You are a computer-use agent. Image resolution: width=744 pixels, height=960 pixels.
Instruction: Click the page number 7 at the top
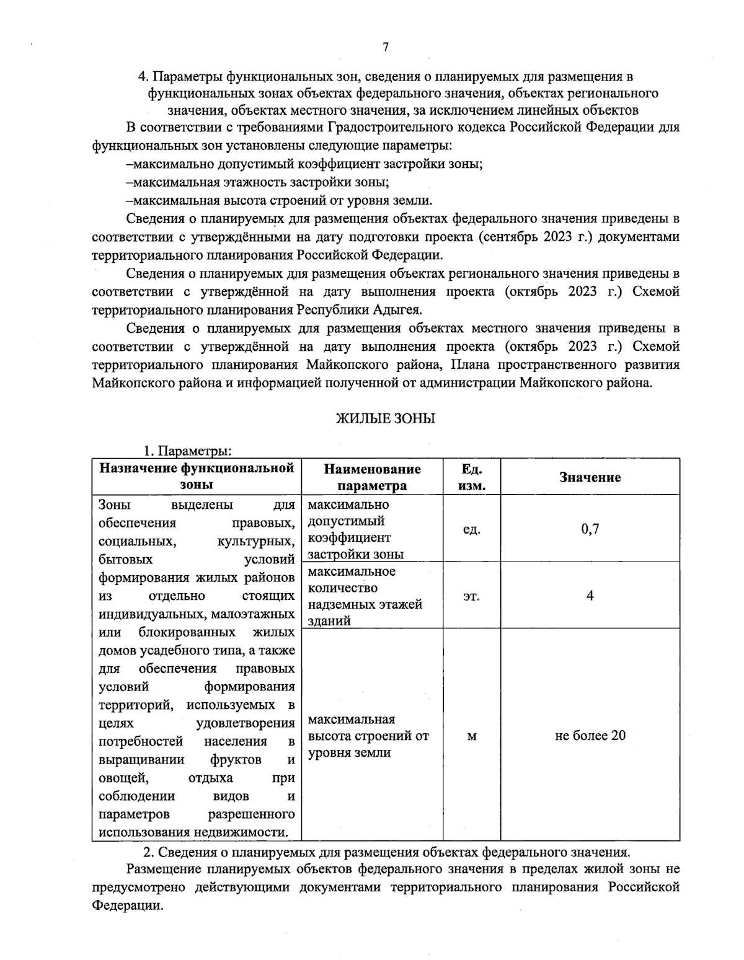pyautogui.click(x=385, y=48)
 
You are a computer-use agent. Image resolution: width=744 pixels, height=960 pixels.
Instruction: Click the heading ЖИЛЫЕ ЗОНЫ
pyautogui.click(x=385, y=419)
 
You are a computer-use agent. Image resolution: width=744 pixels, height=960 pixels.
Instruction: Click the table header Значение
pyautogui.click(x=590, y=477)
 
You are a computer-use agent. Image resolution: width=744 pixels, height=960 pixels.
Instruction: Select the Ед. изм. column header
pyautogui.click(x=471, y=477)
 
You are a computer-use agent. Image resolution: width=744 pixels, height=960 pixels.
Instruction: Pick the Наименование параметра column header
pyautogui.click(x=372, y=477)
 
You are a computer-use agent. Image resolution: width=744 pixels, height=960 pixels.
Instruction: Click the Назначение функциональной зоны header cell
pyautogui.click(x=197, y=477)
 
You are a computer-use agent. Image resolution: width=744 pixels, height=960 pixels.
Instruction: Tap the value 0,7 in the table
pyautogui.click(x=590, y=529)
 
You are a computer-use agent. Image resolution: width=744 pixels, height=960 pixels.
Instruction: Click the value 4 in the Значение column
pyautogui.click(x=590, y=596)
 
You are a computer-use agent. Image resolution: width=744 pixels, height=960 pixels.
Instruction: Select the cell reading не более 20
pyautogui.click(x=590, y=736)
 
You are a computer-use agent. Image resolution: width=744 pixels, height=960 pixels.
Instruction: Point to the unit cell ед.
pyautogui.click(x=471, y=530)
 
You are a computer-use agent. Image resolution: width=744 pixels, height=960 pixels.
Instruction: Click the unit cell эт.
pyautogui.click(x=471, y=596)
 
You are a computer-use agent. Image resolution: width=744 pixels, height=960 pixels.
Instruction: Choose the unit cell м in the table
pyautogui.click(x=471, y=736)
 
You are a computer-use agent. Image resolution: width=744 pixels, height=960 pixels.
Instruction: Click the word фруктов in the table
pyautogui.click(x=235, y=760)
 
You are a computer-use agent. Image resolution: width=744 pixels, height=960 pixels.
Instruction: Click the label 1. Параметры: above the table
pyautogui.click(x=188, y=451)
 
